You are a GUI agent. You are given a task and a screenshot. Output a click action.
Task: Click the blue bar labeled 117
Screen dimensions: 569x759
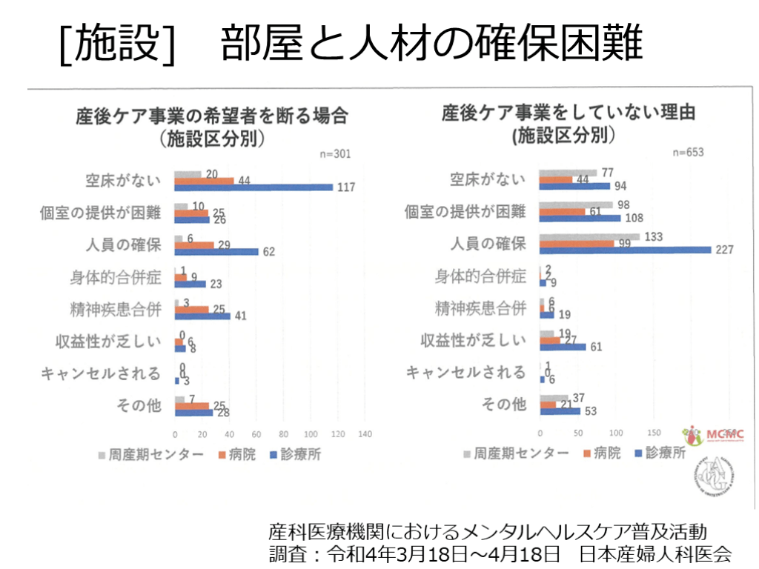coord(253,187)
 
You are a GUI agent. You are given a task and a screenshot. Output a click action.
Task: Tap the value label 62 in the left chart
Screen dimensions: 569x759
coord(268,251)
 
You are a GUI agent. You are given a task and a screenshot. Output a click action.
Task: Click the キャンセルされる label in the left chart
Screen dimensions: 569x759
coord(101,373)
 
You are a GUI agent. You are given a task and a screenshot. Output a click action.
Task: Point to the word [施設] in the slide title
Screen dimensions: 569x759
coord(119,43)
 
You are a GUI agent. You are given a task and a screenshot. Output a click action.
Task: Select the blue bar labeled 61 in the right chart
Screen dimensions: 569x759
coord(563,346)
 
